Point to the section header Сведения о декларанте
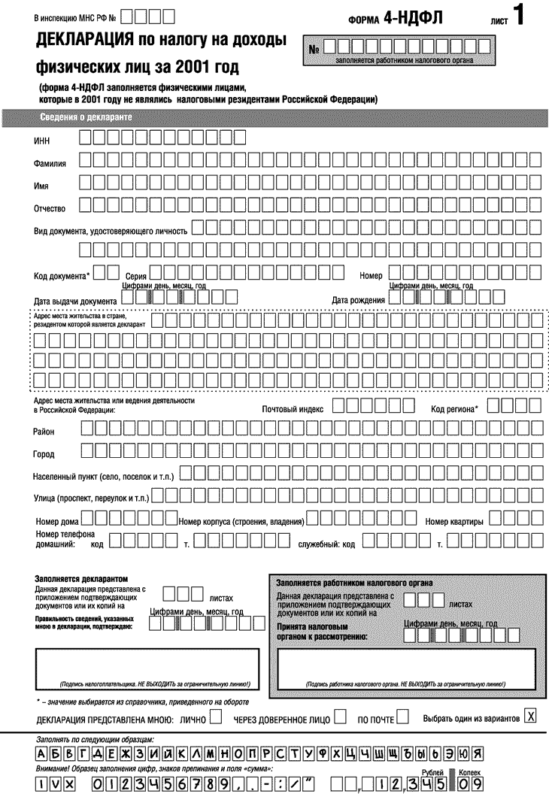tap(86, 118)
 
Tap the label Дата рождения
tap(359, 301)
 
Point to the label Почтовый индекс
tap(293, 410)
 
